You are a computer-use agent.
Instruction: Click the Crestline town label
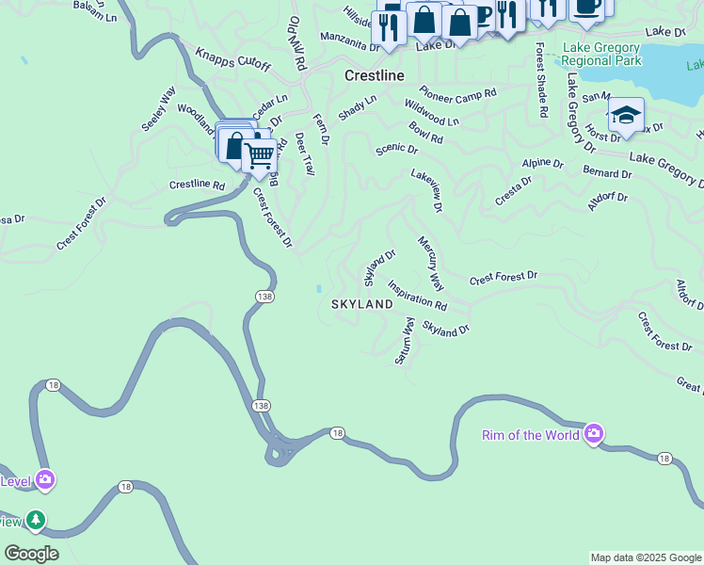pyautogui.click(x=374, y=74)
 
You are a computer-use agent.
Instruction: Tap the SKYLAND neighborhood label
pyautogui.click(x=361, y=305)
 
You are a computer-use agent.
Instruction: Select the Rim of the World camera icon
pyautogui.click(x=594, y=434)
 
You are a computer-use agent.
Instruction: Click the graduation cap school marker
pyautogui.click(x=626, y=116)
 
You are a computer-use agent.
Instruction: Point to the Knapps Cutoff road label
pyautogui.click(x=232, y=59)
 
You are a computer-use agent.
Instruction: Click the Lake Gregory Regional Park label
pyautogui.click(x=601, y=54)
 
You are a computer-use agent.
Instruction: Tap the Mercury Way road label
pyautogui.click(x=430, y=263)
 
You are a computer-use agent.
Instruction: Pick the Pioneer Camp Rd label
pyautogui.click(x=457, y=94)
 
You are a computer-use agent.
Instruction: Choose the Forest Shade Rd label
pyautogui.click(x=540, y=80)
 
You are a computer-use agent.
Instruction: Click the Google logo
pyautogui.click(x=31, y=554)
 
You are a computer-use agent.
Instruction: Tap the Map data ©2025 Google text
pyautogui.click(x=645, y=557)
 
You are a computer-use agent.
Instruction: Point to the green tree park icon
pyautogui.click(x=36, y=519)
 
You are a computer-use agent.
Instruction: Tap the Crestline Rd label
pyautogui.click(x=197, y=185)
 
